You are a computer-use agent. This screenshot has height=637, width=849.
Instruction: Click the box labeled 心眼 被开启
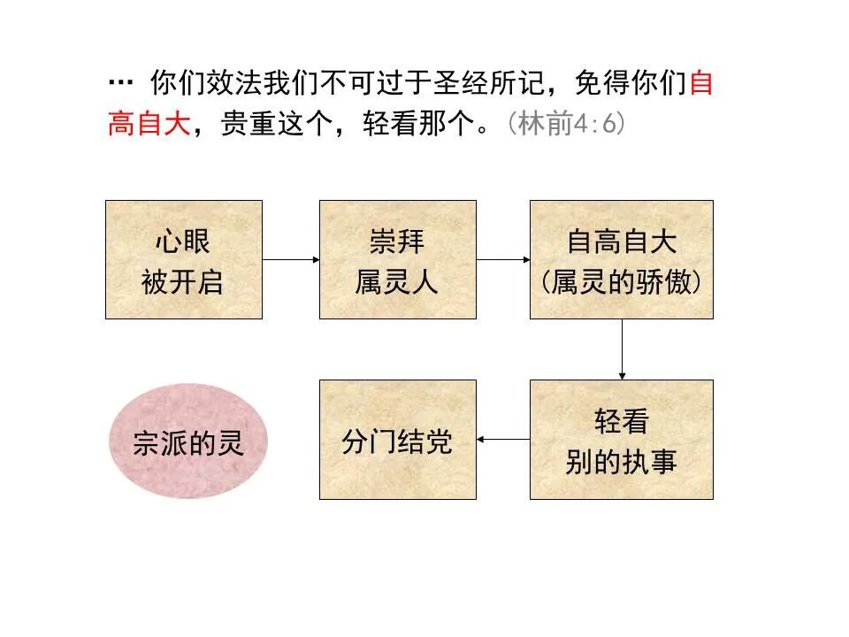[x=184, y=259]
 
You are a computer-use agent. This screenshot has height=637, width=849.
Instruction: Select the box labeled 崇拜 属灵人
[x=397, y=259]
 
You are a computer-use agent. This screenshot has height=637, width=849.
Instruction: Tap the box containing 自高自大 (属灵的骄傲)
[x=621, y=259]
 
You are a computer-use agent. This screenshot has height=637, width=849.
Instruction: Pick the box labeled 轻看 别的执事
[x=621, y=440]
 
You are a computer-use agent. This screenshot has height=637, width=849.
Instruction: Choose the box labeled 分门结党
[x=397, y=440]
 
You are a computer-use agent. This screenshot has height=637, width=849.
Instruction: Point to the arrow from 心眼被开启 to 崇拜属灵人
[x=290, y=259]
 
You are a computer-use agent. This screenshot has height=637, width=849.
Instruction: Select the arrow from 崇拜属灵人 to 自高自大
[x=502, y=259]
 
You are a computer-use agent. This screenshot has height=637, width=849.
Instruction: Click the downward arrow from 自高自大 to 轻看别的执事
[x=622, y=349]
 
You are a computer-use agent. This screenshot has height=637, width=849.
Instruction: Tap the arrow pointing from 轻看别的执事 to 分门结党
[x=502, y=440]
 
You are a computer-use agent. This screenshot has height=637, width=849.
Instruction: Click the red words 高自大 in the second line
[x=149, y=124]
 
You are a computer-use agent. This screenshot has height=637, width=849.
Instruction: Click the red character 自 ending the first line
[x=700, y=83]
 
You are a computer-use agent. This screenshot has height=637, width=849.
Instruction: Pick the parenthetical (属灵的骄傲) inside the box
[x=621, y=282]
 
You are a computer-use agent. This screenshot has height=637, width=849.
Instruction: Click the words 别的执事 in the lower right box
[x=621, y=462]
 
